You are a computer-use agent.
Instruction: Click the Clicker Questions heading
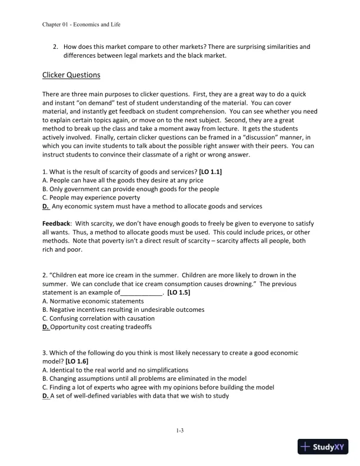point(71,75)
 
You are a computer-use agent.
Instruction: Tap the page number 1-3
point(180,430)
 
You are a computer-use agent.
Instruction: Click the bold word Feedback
point(56,224)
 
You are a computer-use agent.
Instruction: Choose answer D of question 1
point(152,207)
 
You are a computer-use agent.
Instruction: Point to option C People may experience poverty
point(91,198)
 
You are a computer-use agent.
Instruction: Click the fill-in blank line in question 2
point(141,292)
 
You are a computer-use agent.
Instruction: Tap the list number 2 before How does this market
point(55,46)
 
